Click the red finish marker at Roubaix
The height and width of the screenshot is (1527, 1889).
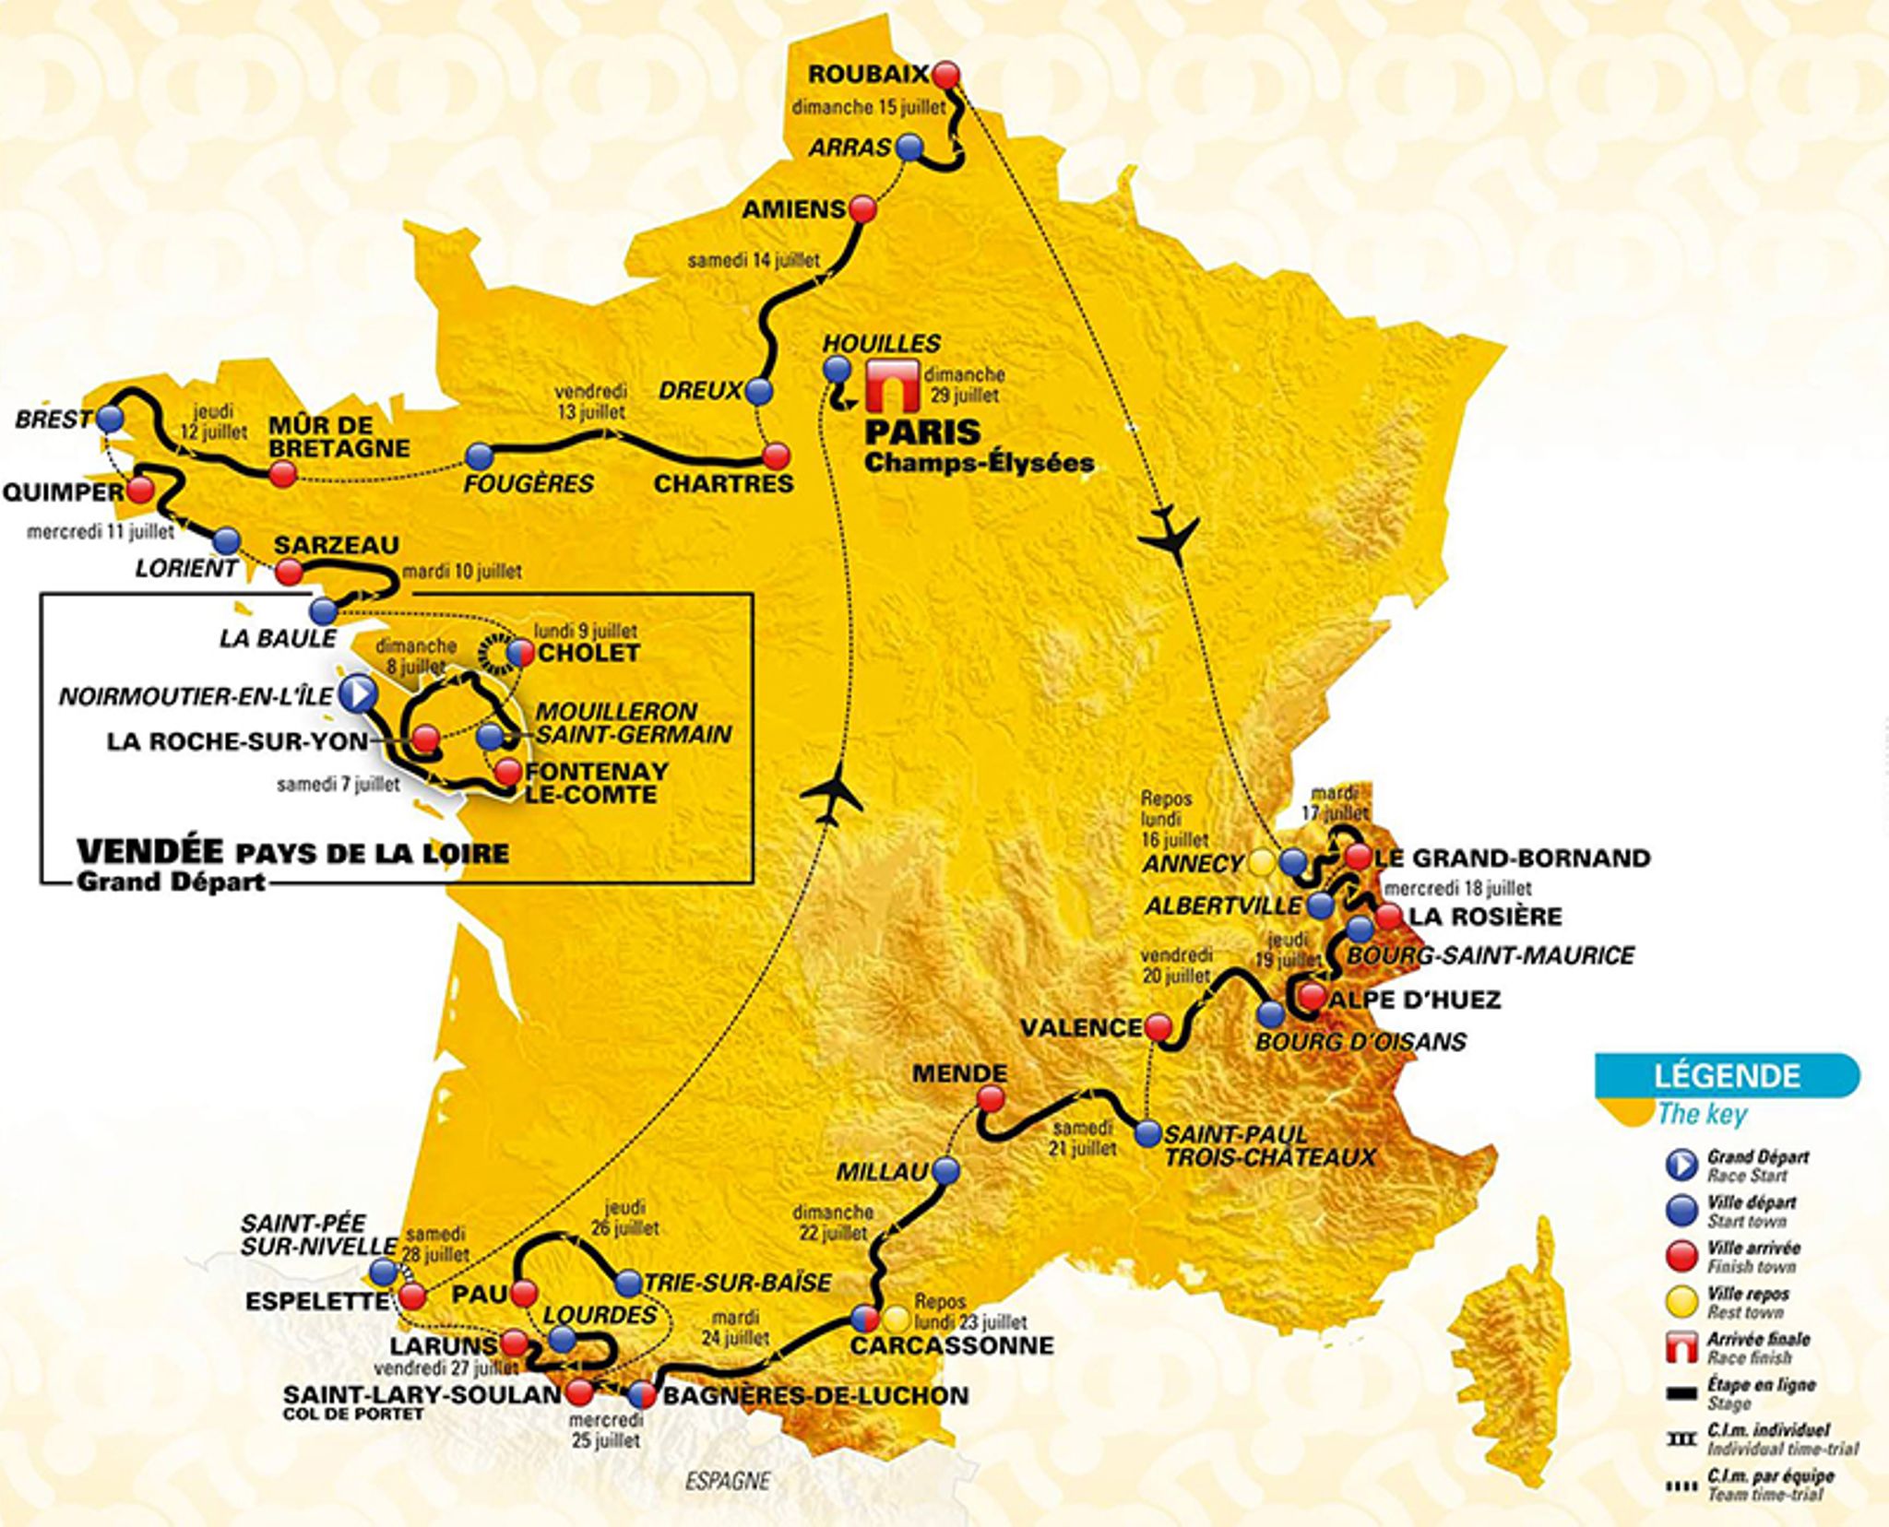click(x=945, y=75)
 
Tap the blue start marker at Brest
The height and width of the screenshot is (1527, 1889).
click(x=109, y=420)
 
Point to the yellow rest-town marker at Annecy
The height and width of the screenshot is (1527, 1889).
click(x=1261, y=862)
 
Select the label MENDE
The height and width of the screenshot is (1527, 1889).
click(x=959, y=1072)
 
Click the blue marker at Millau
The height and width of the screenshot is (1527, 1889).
click(x=946, y=1171)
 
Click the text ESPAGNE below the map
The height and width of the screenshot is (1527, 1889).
click(x=727, y=1481)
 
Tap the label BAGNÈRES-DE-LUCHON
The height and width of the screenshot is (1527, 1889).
click(x=815, y=1395)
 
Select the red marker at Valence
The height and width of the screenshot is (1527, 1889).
click(x=1158, y=1026)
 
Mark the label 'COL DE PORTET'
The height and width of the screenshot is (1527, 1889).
click(x=353, y=1414)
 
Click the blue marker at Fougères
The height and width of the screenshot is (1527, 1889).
click(x=479, y=456)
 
